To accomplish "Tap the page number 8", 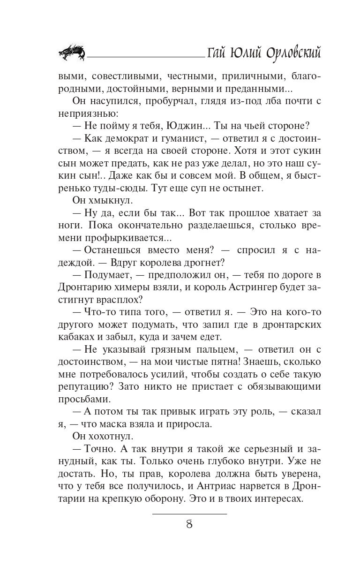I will [189, 524].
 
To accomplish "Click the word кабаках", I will [79, 337].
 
